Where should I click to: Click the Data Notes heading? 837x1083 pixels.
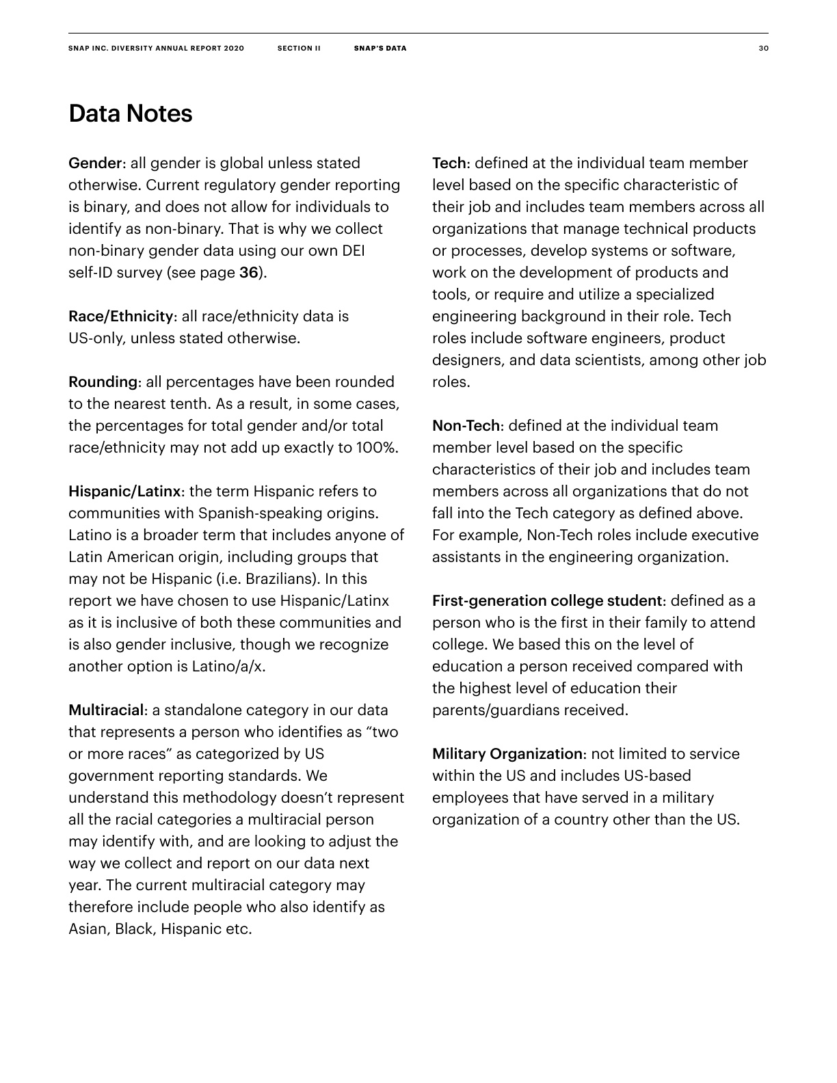[130, 113]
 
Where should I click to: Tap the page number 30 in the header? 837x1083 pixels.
[763, 49]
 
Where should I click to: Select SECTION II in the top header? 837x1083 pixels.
[299, 49]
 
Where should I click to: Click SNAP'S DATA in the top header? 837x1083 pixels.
[380, 49]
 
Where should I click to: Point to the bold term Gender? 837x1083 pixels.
[95, 163]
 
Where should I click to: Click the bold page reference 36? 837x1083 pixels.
[249, 273]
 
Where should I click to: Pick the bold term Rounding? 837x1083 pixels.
[105, 382]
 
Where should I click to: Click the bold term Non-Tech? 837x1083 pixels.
[467, 426]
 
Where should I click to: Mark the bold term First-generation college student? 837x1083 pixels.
[548, 601]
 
